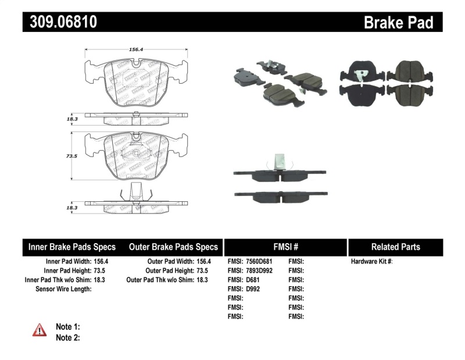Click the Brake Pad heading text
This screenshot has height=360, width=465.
398,23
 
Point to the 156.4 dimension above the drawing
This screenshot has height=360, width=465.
137,49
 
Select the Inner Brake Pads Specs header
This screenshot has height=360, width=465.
72,247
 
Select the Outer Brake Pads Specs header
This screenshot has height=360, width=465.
173,247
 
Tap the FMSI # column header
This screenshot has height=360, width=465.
285,247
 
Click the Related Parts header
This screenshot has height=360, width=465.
395,247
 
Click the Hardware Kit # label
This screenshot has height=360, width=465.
371,262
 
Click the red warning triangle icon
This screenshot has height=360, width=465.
39,330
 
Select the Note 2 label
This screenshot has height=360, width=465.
67,337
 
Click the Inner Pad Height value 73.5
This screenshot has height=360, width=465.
102,270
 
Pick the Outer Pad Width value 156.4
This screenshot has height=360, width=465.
203,262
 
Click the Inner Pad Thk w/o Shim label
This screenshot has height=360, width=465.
56,280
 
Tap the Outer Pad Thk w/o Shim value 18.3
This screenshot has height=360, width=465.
202,280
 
